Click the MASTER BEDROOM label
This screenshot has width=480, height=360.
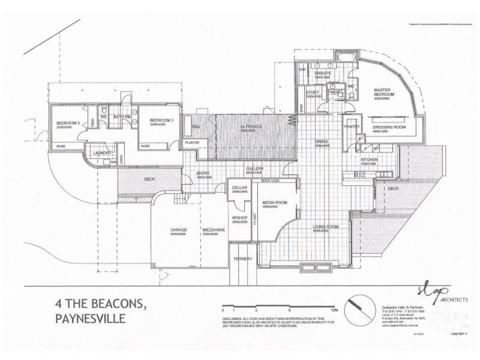coord(382,92)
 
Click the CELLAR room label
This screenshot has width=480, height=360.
coord(240,188)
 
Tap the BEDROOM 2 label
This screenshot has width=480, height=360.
coord(161,119)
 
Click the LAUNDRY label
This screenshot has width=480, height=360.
coord(103,153)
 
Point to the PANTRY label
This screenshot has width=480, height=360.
coord(351,127)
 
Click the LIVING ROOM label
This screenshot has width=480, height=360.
coord(325,227)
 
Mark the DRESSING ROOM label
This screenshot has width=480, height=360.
coord(389,127)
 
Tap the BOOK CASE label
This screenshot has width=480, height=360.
coord(271,180)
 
